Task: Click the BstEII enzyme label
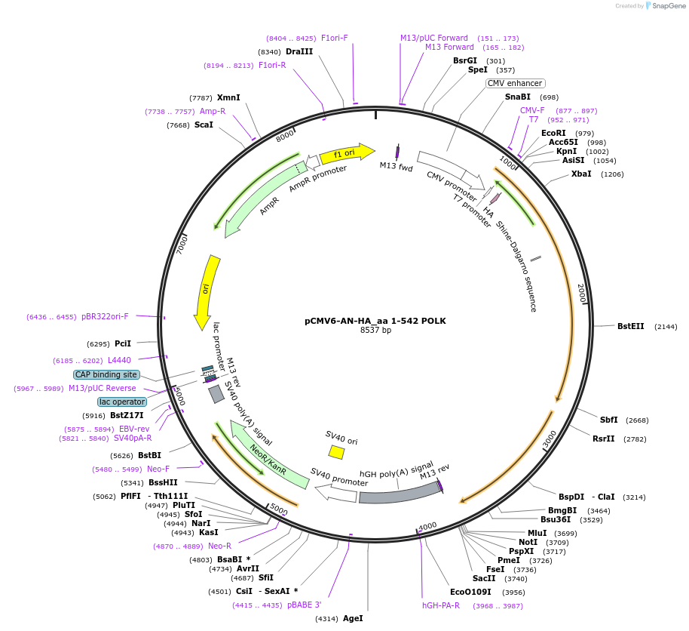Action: point(630,326)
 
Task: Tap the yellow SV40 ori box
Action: point(336,451)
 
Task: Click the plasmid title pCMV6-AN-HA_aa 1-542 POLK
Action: point(375,320)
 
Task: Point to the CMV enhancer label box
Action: point(515,83)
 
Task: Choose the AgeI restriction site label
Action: point(353,618)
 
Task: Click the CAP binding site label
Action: point(106,374)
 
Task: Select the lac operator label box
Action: point(122,402)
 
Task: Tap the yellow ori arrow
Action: point(207,291)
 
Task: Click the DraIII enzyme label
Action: point(299,51)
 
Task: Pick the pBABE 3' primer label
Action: point(305,605)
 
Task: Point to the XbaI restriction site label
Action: point(582,174)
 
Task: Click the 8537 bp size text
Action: point(375,330)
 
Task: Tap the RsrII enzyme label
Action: point(604,439)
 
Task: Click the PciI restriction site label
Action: point(123,343)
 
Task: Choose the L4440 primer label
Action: point(119,360)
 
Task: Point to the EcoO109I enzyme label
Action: point(470,592)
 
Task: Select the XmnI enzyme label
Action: point(228,97)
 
